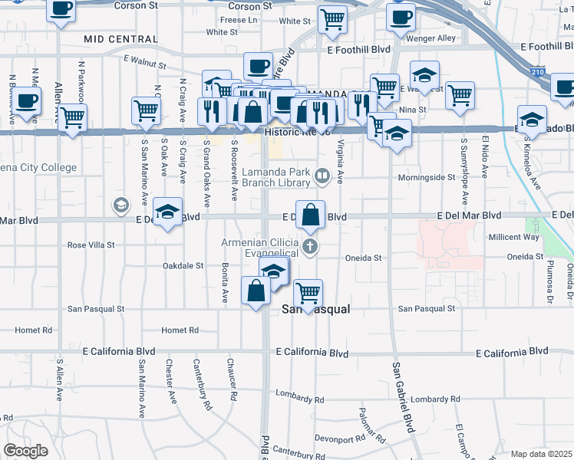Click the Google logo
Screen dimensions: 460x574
pos(25,451)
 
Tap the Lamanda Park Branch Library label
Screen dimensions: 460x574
pos(275,178)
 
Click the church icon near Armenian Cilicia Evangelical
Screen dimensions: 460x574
pos(309,246)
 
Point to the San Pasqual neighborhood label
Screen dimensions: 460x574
pos(316,310)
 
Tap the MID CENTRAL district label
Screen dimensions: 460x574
pos(120,39)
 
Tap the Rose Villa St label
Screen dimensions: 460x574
pos(91,245)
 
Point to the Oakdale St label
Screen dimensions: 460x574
pos(183,266)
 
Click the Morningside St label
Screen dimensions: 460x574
pos(427,178)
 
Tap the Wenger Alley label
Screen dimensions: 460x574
pos(435,38)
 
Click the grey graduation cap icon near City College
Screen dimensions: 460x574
pos(120,205)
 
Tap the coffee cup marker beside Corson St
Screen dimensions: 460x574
pos(61,9)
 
